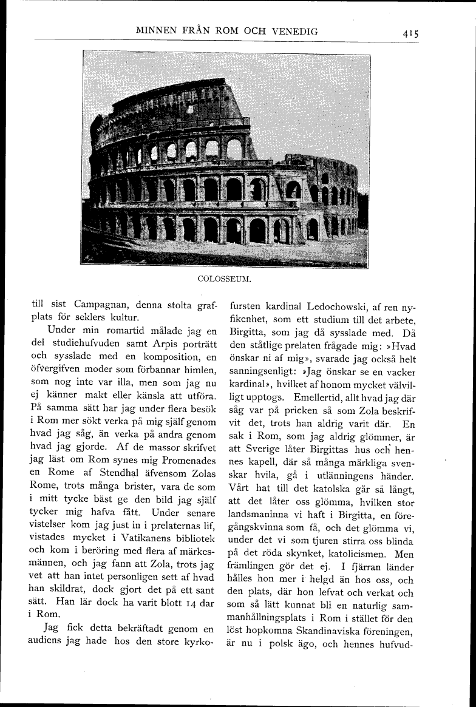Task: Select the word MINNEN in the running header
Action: click(x=160, y=31)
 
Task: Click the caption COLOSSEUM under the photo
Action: click(x=225, y=280)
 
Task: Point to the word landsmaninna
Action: click(x=259, y=516)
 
